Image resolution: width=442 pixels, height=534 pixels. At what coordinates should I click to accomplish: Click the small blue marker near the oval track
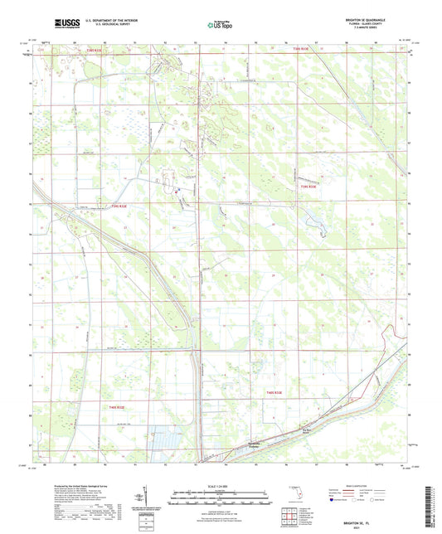pos(177,192)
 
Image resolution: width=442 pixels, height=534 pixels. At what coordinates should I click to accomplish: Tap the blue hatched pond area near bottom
pos(169,438)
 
